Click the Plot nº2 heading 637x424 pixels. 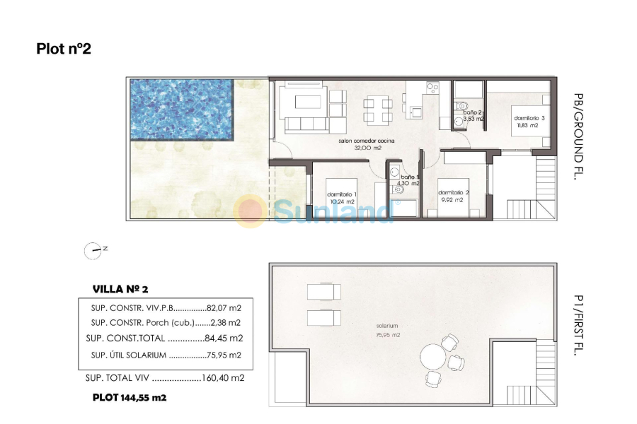[x=64, y=49]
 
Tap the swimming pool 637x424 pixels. [x=182, y=110]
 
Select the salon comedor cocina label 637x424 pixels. [x=366, y=145]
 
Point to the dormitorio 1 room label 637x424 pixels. [x=341, y=197]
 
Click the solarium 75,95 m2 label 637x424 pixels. [x=388, y=330]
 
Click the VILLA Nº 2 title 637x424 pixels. [x=120, y=289]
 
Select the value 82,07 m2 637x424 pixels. [x=225, y=308]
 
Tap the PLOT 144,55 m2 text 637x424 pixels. [x=130, y=398]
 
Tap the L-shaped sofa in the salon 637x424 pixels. [x=303, y=108]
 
